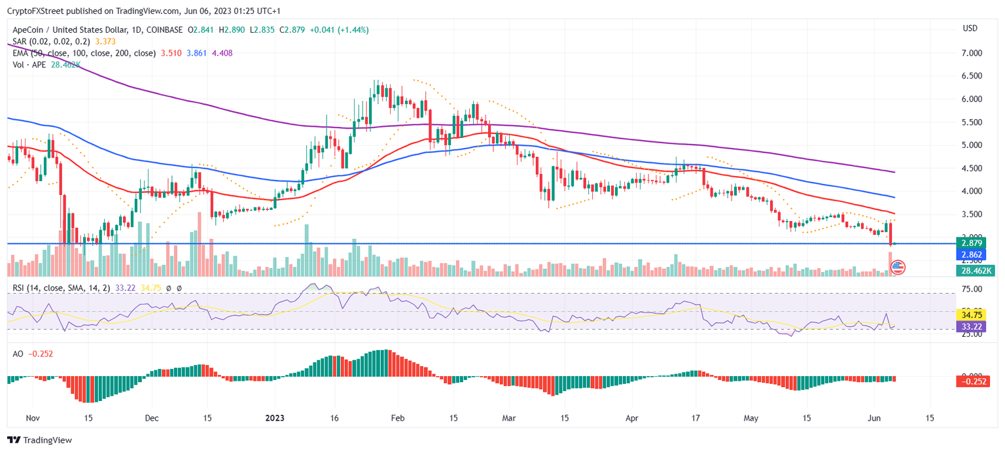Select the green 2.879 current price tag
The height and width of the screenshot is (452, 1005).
(x=974, y=243)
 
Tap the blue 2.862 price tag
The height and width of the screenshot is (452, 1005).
(x=974, y=254)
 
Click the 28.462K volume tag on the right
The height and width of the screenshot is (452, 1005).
(x=976, y=270)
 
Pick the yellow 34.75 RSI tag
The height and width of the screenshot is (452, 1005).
(x=974, y=315)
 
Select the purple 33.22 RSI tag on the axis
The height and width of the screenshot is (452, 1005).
(x=974, y=326)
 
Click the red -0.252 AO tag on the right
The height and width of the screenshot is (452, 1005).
(x=976, y=381)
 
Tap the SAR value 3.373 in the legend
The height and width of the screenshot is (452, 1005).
(x=104, y=41)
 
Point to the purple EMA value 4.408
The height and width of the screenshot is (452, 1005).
(x=222, y=53)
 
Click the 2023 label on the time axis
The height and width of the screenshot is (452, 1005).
(x=274, y=417)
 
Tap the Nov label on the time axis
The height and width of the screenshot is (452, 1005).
(x=33, y=417)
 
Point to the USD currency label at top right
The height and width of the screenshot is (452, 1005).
(x=970, y=29)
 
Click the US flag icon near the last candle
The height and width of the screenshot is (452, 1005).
(x=898, y=267)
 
